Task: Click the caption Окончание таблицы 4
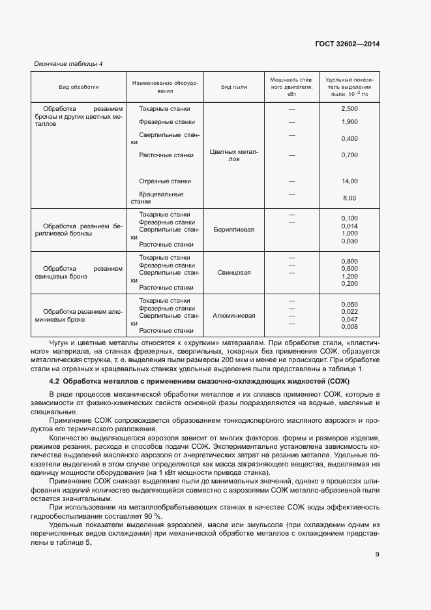tap(68, 64)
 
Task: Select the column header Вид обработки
tap(79, 87)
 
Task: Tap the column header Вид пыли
tap(234, 87)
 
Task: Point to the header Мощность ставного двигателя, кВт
tap(291, 87)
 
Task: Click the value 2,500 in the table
tap(349, 109)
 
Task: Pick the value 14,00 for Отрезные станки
tap(349, 181)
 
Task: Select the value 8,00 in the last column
tap(349, 198)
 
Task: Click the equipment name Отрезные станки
tap(165, 181)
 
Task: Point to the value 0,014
tap(349, 226)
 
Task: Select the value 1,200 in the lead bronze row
tap(349, 277)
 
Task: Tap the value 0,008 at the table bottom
tap(349, 327)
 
